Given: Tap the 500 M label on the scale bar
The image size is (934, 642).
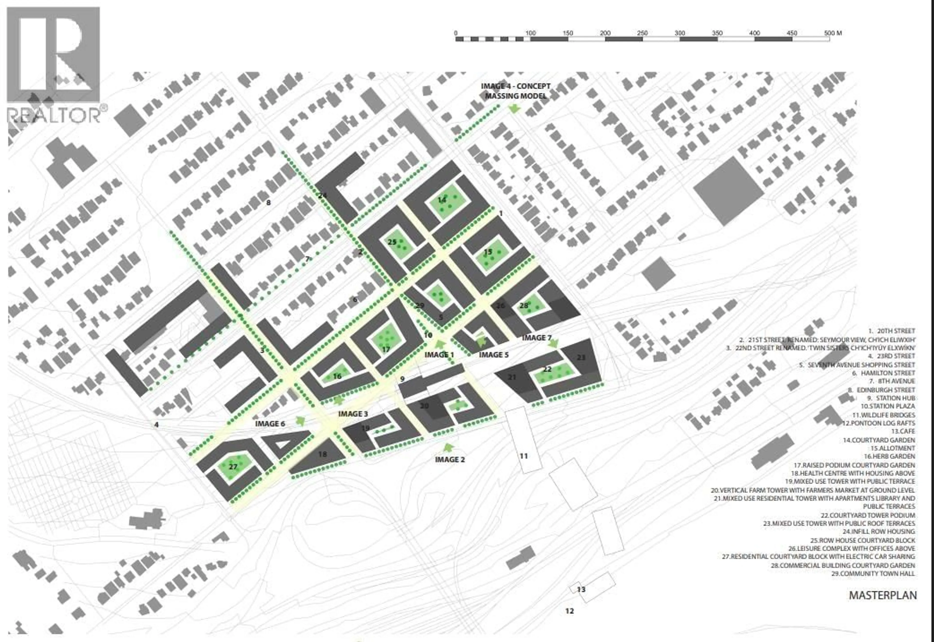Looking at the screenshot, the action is [x=833, y=33].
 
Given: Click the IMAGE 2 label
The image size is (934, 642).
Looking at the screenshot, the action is [x=450, y=459].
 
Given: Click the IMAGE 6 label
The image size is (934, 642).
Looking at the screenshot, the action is [x=270, y=424].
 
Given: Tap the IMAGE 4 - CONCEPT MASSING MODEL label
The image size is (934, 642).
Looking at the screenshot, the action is [x=515, y=91].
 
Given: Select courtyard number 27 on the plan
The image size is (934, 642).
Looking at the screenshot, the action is [x=233, y=467].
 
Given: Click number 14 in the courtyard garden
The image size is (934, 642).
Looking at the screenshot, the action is [x=442, y=200].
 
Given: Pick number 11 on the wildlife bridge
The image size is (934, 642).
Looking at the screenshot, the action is [x=523, y=456].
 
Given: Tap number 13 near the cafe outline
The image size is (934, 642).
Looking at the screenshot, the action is [x=581, y=589].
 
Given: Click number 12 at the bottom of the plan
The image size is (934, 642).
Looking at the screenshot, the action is [x=569, y=611].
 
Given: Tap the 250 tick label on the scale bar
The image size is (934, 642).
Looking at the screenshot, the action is [x=642, y=33].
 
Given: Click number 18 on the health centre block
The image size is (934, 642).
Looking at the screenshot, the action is [x=323, y=454].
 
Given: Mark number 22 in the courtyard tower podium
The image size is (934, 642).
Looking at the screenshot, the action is [x=547, y=369].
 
